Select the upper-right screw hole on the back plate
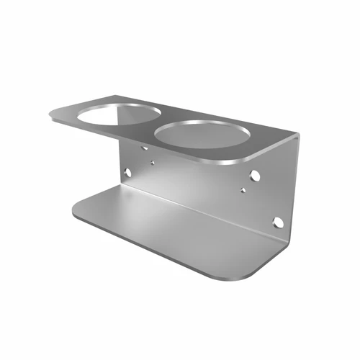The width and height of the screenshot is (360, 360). [255, 175]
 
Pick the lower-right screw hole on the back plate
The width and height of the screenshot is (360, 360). [277, 222]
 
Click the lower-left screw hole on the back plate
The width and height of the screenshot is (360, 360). [127, 173]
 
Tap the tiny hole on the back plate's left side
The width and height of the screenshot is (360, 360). [152, 163]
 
